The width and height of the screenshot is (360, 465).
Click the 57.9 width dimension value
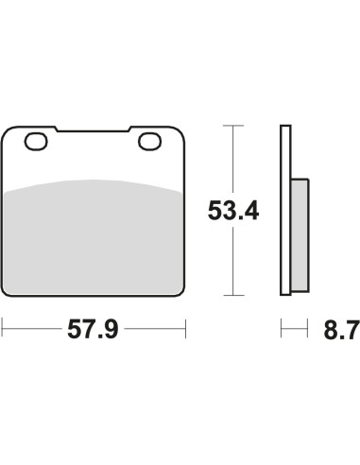[93, 329]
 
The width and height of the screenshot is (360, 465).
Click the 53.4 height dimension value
[233, 211]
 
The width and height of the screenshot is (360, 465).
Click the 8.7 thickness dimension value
[341, 330]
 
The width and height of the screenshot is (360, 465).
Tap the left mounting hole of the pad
[36, 142]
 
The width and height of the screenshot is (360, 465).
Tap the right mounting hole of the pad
[150, 142]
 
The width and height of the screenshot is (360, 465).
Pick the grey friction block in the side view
[300, 234]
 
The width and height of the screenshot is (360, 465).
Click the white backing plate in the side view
[285, 210]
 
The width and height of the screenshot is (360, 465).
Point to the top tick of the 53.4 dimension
[233, 126]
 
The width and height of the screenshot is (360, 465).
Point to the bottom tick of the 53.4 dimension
[233, 295]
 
